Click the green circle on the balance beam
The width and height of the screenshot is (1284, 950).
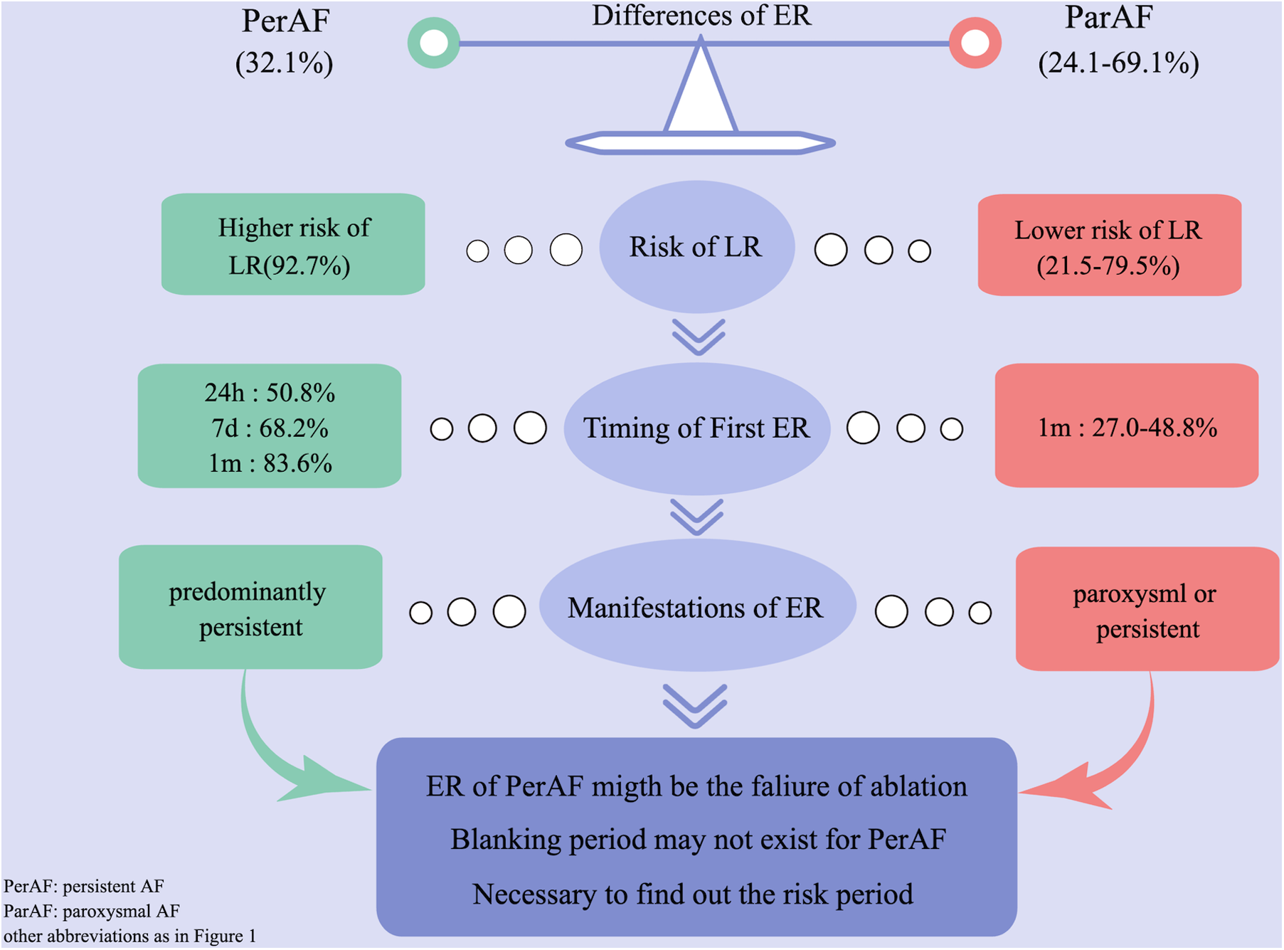pos(433,43)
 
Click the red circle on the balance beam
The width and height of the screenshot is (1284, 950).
pos(975,43)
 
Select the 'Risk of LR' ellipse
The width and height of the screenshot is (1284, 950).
pos(696,246)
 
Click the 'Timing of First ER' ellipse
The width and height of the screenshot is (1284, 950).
pos(696,428)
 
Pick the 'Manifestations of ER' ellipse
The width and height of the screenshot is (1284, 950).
pos(696,608)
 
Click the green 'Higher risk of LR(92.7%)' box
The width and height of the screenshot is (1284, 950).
pos(293,245)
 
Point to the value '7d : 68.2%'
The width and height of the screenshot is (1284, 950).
pos(270,428)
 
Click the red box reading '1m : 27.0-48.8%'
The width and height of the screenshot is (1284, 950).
pos(1126,427)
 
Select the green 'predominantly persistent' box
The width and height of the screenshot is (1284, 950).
pos(250,608)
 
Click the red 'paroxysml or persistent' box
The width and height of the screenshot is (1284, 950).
pos(1146,610)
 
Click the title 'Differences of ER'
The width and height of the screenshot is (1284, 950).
pos(701,16)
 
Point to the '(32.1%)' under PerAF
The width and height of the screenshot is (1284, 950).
pos(284,63)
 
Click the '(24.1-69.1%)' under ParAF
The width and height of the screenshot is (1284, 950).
pos(1118,63)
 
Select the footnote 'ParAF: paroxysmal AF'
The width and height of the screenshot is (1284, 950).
pos(92,911)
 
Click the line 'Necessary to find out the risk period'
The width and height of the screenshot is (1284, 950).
pos(693,894)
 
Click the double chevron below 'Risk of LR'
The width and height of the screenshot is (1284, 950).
pos(699,337)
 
